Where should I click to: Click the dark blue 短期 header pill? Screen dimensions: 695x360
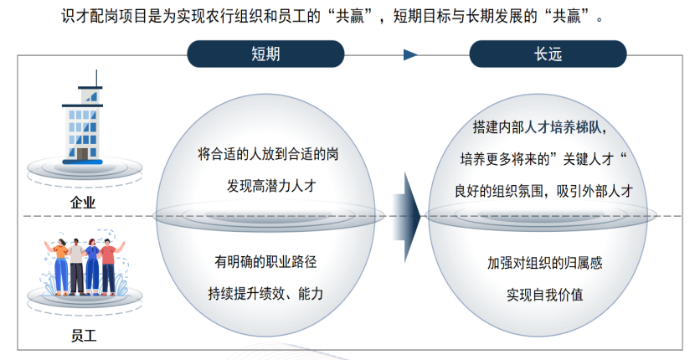265,54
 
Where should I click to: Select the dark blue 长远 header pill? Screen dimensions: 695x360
548,54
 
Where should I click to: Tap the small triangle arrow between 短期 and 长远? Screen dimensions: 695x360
410,55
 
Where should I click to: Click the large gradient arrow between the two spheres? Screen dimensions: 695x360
406,217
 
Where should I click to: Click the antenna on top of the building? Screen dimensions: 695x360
96,78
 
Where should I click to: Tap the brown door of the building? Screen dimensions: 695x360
82,153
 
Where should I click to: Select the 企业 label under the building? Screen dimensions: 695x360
83,203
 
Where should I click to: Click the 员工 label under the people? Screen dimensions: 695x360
84,336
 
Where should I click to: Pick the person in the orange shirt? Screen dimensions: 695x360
60,267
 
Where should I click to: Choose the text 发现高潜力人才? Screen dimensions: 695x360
271,186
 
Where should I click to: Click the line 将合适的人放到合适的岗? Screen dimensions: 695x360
268,154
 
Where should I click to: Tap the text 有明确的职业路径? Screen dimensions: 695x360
265,261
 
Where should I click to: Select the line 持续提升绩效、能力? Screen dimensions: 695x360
265,294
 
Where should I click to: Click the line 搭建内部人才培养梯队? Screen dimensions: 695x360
539,128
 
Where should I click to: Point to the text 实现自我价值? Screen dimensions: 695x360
545,295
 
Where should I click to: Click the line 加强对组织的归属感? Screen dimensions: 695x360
545,263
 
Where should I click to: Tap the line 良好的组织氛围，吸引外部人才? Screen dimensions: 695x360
543,191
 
